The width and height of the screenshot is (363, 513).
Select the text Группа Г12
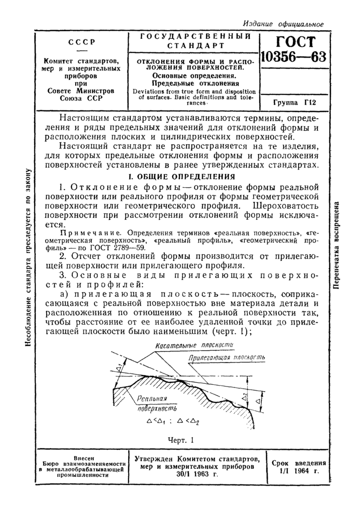click(294, 103)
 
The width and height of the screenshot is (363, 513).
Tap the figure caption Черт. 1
click(181, 440)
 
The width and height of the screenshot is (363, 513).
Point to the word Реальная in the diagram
click(154, 398)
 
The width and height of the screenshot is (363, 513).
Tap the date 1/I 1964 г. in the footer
click(299, 473)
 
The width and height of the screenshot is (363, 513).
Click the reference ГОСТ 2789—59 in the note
click(119, 248)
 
